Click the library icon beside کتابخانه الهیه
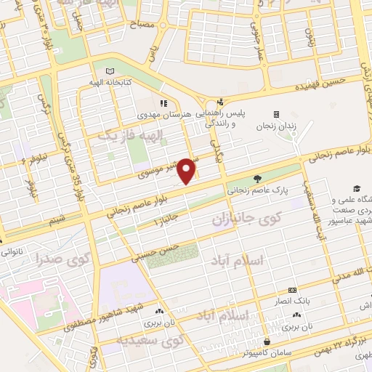click(x=110, y=71)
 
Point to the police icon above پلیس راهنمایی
click(x=220, y=102)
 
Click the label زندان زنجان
click(x=276, y=126)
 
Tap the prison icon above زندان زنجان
click(x=276, y=114)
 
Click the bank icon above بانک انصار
click(x=291, y=290)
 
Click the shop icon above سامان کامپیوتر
click(x=268, y=341)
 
